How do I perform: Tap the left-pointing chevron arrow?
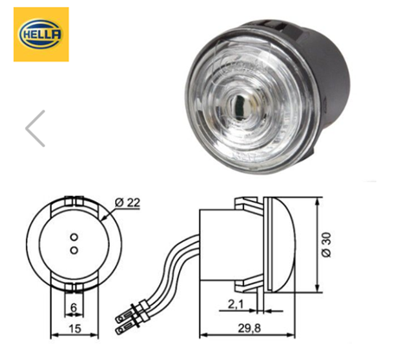pos(35,128)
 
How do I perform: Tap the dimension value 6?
pos(74,307)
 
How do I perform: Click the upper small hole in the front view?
pos(74,236)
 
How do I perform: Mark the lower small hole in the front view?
pos(74,249)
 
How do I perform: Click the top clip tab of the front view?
pos(74,202)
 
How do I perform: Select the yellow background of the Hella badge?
pos(20,54)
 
